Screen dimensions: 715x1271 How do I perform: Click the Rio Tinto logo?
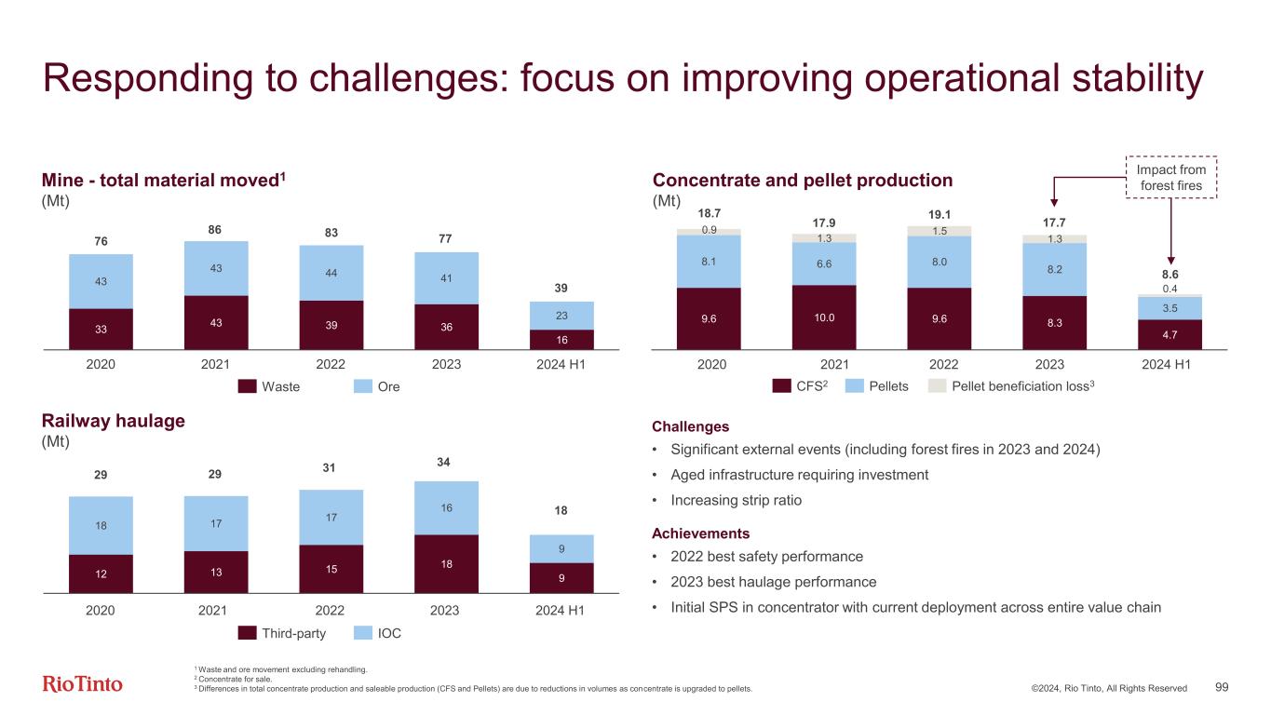83,684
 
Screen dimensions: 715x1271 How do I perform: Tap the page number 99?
1222,687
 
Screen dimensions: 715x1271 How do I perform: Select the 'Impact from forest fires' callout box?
1171,177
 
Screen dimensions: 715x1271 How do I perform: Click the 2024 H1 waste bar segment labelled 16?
561,340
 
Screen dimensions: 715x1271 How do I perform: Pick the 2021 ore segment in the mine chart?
216,268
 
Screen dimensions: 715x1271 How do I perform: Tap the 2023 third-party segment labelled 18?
446,563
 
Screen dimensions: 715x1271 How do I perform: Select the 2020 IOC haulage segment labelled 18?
101,525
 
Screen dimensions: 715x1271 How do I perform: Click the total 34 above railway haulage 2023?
446,462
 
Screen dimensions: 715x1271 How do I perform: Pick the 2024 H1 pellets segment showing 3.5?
1170,307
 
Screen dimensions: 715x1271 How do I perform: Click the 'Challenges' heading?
690,426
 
